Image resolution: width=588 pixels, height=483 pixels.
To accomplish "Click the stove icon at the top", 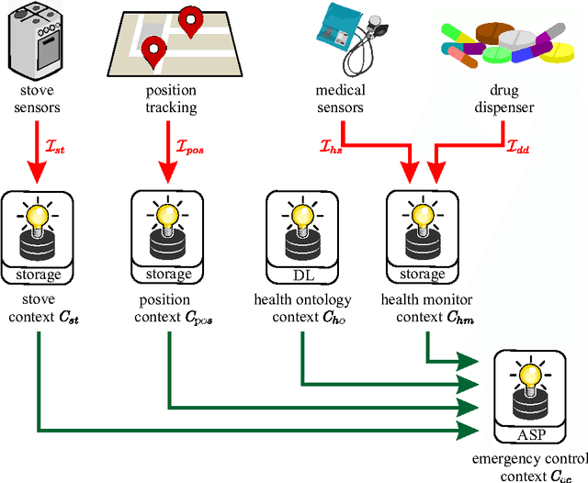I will (x=38, y=40).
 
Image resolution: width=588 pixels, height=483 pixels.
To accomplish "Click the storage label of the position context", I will (x=169, y=275).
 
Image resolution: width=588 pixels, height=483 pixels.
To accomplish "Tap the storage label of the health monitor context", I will (x=423, y=275).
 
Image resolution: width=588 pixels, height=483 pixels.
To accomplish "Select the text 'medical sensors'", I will (x=340, y=99).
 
